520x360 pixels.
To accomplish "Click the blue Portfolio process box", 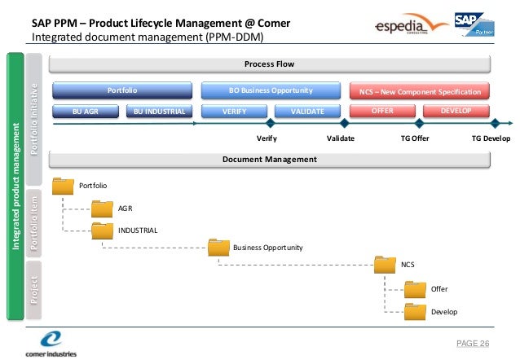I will pos(122,90).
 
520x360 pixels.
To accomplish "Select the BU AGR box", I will pos(86,111).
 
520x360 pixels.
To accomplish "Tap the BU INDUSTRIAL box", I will pos(160,111).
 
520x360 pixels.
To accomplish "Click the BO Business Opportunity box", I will pos(271,90).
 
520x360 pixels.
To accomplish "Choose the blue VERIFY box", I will pos(235,111).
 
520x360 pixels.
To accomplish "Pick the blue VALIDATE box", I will pos(307,111).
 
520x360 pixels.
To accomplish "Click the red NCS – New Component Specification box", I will pos(421,90).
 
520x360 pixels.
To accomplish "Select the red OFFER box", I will pos(383,111).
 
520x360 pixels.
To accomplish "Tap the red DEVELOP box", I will pos(456,111).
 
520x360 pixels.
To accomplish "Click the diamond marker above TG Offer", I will pos(419,124).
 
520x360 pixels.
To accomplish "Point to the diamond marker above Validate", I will pos(344,124).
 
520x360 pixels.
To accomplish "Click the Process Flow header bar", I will pos(269,64).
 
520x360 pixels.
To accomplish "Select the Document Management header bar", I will pos(269,159).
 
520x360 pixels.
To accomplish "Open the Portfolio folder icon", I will pos(63,186).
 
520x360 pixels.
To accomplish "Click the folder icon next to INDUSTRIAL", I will pos(103,230).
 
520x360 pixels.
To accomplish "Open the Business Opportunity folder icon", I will pos(219,247).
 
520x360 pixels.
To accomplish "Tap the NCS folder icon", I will pos(386,264).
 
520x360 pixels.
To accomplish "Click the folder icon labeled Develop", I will pos(416,310).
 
